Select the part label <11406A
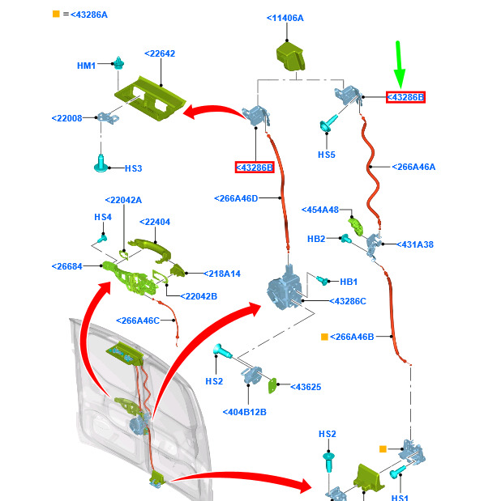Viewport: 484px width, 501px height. click(285, 19)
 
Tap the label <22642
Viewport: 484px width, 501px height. click(160, 53)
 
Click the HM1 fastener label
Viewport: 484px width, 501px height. click(86, 66)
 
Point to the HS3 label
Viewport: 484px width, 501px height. click(133, 168)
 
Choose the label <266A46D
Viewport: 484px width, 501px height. click(236, 198)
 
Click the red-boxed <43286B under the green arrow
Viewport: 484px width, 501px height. click(405, 97)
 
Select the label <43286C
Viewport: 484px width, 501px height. click(348, 301)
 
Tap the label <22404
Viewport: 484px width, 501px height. click(155, 222)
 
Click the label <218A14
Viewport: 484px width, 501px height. click(222, 274)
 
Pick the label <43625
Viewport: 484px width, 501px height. click(306, 387)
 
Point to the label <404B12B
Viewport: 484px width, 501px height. click(245, 412)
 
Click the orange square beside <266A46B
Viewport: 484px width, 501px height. click(324, 337)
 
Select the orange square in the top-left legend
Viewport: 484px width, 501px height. click(56, 14)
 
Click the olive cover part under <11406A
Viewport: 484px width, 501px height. click(290, 57)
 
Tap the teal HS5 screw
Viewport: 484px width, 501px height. click(328, 123)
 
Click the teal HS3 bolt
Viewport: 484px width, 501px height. click(101, 163)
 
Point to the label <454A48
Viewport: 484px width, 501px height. click(320, 210)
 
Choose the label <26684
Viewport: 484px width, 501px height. click(67, 266)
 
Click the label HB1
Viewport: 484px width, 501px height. click(349, 282)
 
